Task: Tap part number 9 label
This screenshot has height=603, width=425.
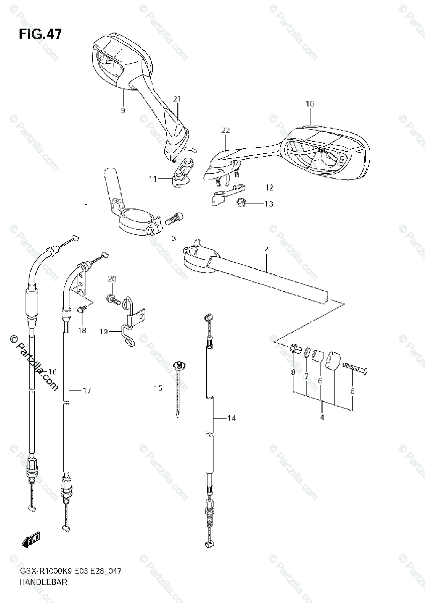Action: point(123,110)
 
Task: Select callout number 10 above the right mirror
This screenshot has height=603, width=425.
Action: point(309,104)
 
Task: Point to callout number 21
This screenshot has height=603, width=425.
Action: point(177,99)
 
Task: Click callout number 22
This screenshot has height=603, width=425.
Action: point(225,131)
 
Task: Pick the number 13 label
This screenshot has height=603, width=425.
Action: point(269,204)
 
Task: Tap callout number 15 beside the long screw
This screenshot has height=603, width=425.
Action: point(158,388)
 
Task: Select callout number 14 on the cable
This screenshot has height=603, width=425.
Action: point(231,418)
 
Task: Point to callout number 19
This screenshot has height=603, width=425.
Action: point(103,332)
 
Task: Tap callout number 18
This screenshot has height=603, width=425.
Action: point(82,330)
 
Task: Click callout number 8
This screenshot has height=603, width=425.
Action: point(292,372)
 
